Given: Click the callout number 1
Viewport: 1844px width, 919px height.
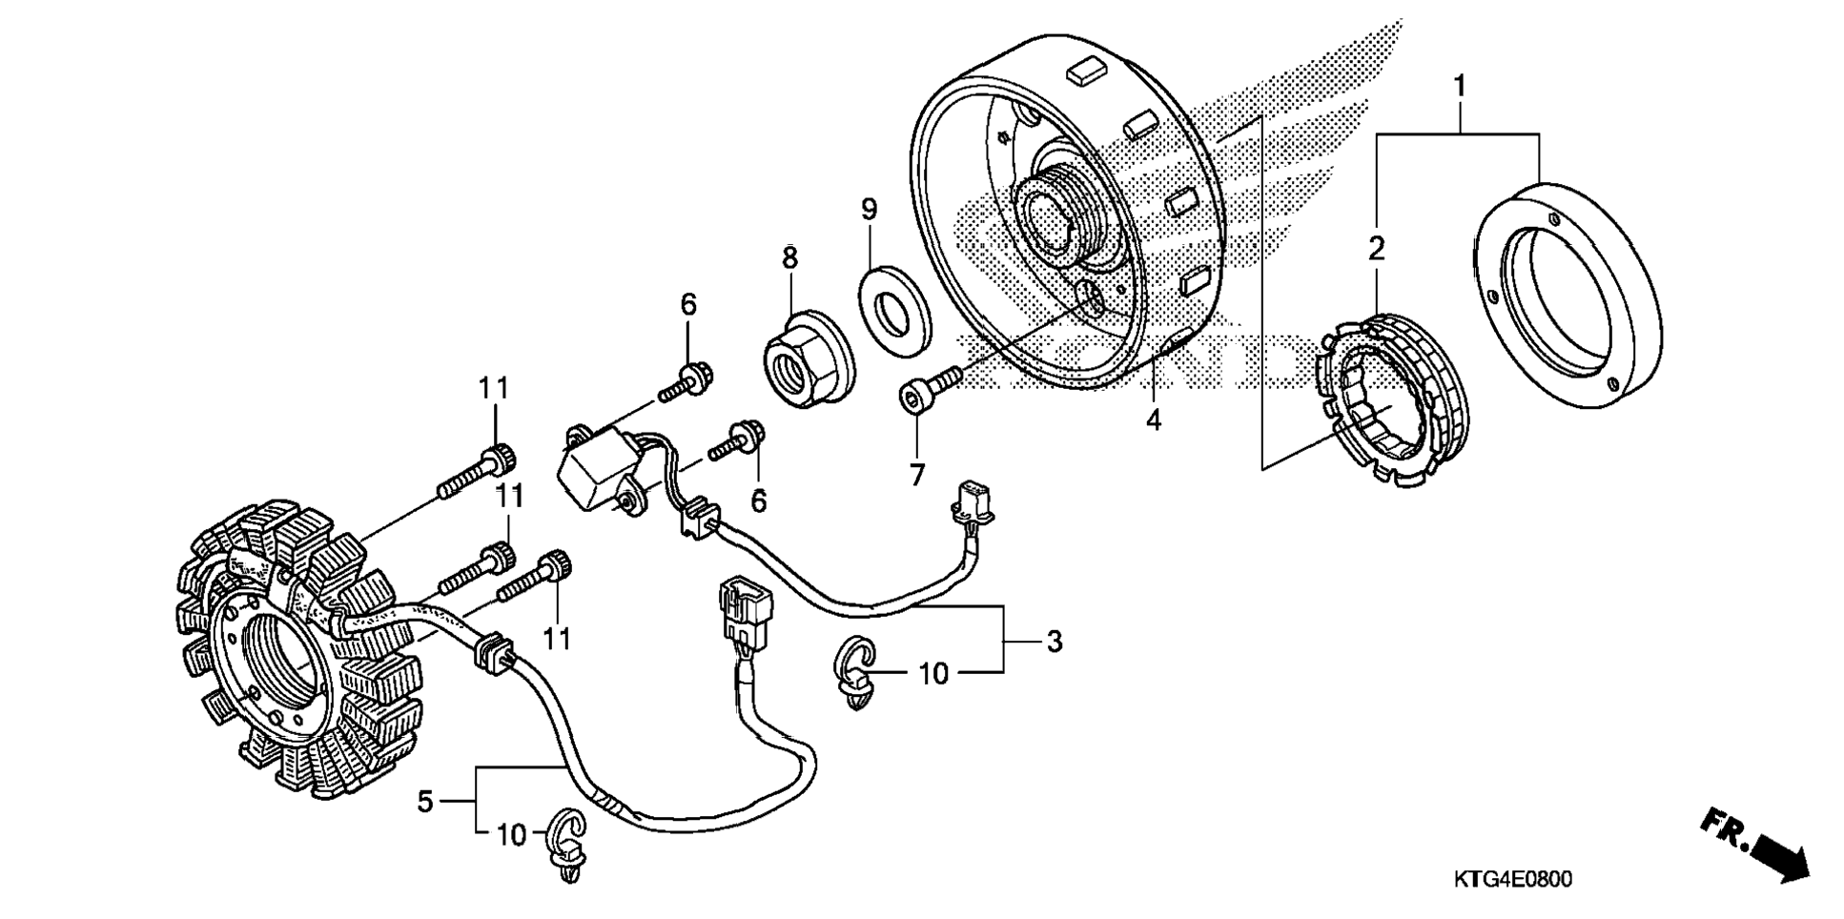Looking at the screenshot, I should click(1458, 87).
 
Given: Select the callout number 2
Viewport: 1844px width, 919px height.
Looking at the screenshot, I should click(1376, 249).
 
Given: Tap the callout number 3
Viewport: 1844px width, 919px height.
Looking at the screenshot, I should click(1054, 642).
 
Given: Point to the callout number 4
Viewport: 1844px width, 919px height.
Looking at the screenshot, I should click(1154, 419).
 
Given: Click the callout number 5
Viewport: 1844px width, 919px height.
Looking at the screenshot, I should click(425, 802).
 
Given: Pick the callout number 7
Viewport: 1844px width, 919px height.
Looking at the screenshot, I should click(916, 475).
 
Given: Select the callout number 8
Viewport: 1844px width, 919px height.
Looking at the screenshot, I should click(789, 257).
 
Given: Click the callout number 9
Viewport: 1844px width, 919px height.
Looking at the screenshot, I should click(869, 209).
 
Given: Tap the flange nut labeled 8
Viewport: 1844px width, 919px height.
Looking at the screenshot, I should click(807, 359).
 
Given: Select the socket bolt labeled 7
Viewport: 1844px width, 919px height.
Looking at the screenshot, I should click(931, 389).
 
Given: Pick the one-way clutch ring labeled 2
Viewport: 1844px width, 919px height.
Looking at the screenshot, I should click(1392, 400).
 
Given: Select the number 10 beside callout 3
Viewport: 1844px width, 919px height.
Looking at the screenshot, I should click(933, 674).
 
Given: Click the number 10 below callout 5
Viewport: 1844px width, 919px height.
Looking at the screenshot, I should click(512, 835).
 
